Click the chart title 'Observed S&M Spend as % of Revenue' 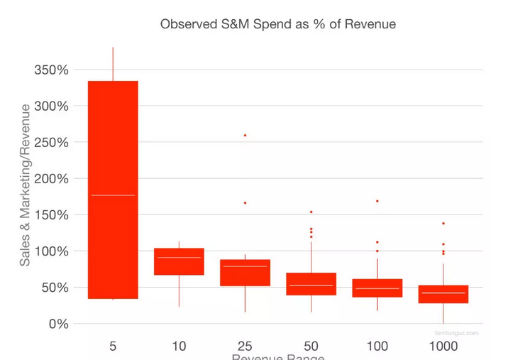pos(277,24)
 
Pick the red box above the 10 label pos(179,261)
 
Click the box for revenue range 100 pos(377,288)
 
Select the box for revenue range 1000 pos(443,293)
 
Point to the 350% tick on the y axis pos(51,70)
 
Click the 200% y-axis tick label pos(51,178)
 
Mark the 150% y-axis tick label pos(51,214)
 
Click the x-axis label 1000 pos(443,346)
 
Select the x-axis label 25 pos(245,346)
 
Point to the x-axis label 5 pos(113,346)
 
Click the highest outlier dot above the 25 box pos(245,135)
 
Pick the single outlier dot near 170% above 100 pos(377,201)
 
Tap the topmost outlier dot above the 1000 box pos(443,223)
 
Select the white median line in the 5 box pos(113,195)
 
